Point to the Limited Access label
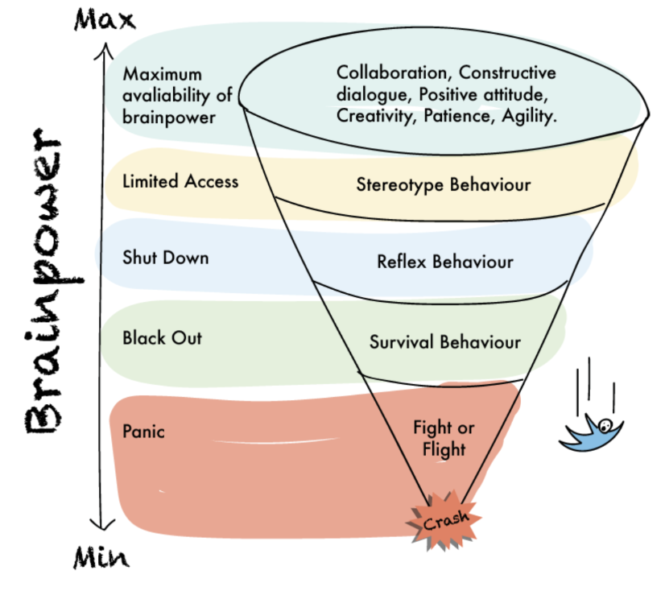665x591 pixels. point(180,181)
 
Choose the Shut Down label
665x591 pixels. point(165,258)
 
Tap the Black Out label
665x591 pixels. point(162,337)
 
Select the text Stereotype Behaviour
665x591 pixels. point(444,184)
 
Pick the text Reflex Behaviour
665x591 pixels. point(444,262)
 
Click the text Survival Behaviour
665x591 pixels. point(444,341)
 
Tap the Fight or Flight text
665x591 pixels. point(444,437)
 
